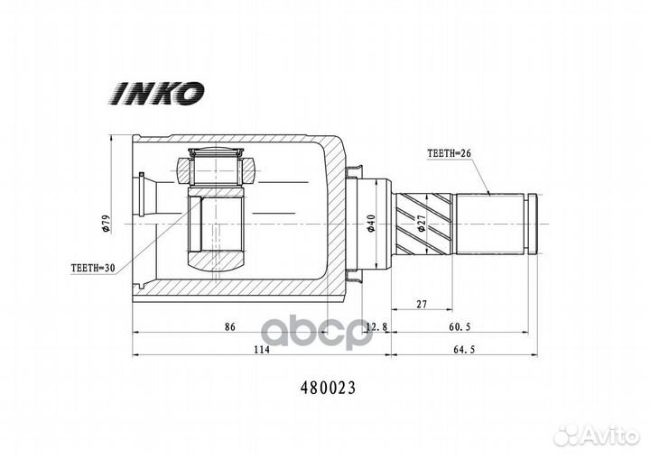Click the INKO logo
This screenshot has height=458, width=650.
click(x=157, y=93)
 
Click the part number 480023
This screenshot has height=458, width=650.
click(x=328, y=388)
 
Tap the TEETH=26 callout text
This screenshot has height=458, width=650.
click(x=450, y=153)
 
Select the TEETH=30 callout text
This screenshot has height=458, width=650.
click(x=93, y=268)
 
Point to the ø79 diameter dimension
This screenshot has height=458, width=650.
click(x=106, y=224)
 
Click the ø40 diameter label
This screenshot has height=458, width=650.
click(x=371, y=224)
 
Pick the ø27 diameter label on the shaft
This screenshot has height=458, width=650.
click(x=422, y=223)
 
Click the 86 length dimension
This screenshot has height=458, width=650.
click(x=229, y=326)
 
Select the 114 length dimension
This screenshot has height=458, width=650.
click(x=262, y=350)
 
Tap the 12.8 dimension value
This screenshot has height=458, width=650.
click(x=376, y=327)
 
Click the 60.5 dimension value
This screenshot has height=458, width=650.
click(x=460, y=327)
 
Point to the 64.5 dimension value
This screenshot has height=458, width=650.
click(x=464, y=350)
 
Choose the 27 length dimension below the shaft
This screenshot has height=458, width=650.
click(x=422, y=305)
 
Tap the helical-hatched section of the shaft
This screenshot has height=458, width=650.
click(x=423, y=224)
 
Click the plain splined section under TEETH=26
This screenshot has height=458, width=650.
click(x=490, y=224)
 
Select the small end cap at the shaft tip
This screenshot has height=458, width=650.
click(x=532, y=224)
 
